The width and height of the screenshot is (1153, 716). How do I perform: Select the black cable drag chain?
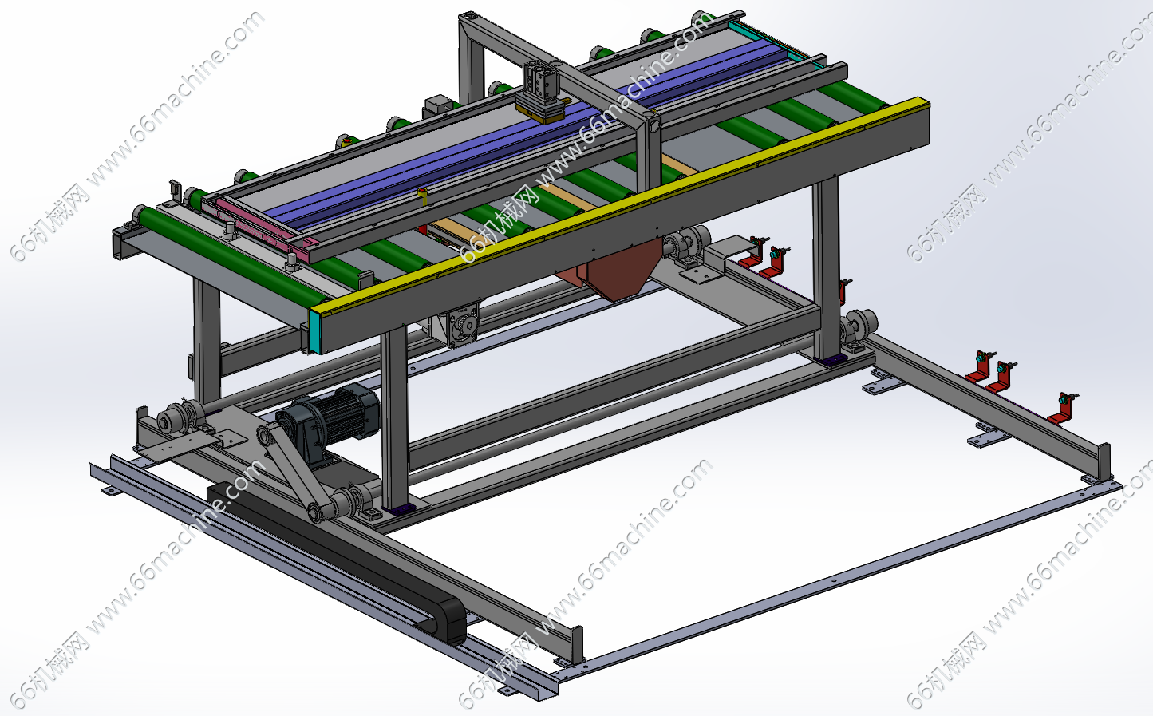(x=338, y=562)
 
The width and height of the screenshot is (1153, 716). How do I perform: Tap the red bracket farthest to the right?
(x=1064, y=409)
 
